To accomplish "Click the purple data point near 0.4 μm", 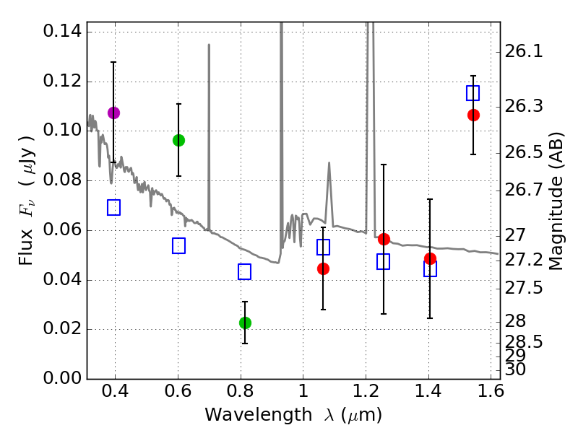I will tap(113, 113).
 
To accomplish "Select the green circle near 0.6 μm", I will tap(178, 140).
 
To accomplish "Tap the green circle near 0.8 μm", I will tap(245, 323).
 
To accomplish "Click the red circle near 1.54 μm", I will tap(473, 115).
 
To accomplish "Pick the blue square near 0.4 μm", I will tap(113, 208).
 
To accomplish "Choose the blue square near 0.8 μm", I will tap(244, 271).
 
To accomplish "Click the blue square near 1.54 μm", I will tap(473, 93).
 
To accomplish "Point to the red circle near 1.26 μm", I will tap(384, 239).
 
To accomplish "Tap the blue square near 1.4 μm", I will tap(430, 269).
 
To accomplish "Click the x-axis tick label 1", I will tap(303, 394).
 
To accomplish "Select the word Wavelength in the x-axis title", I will tap(246, 415).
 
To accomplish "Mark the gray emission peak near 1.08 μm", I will tap(329, 164).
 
